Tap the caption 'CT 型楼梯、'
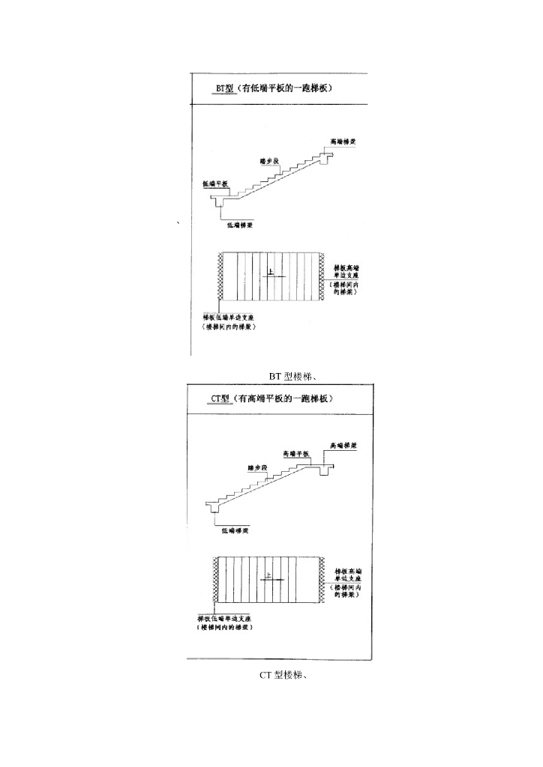tap(286, 675)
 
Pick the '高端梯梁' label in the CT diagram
tap(343, 445)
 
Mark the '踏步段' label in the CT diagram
tap(257, 467)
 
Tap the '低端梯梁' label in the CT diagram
tap(235, 530)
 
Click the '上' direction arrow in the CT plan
tap(271, 578)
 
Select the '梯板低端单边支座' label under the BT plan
tap(232, 318)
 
